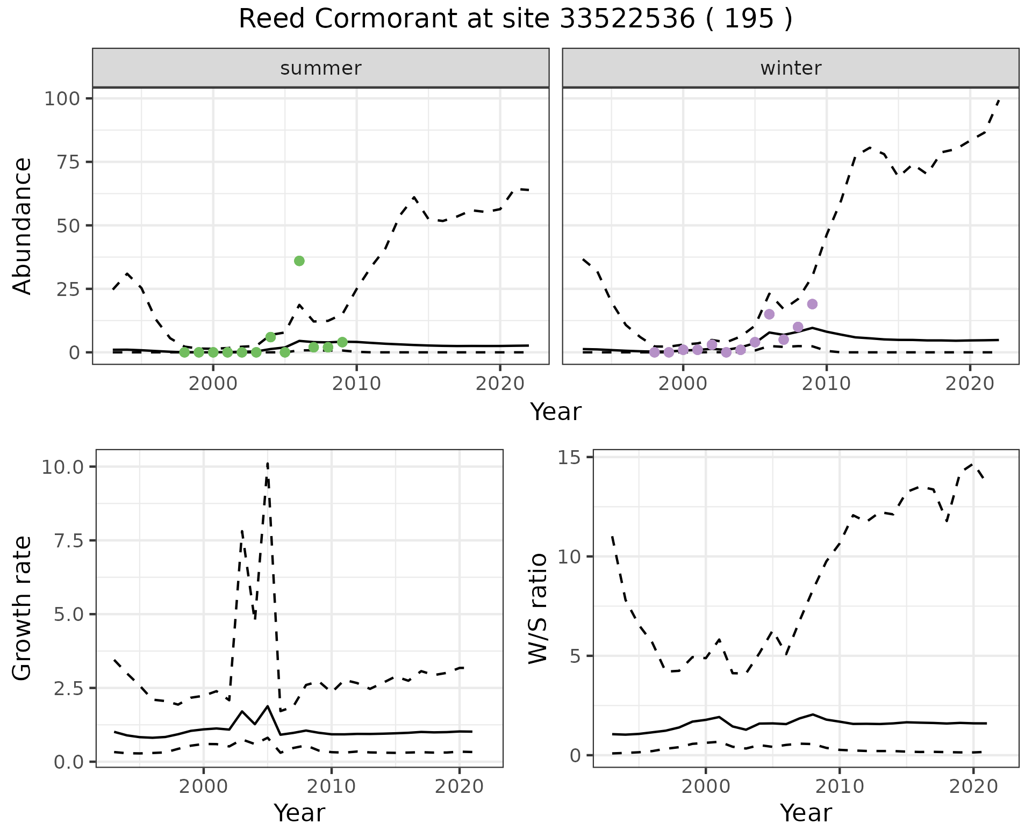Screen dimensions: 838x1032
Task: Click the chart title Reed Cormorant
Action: point(515,19)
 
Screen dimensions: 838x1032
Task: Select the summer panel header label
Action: point(321,68)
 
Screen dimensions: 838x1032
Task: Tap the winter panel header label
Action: point(791,68)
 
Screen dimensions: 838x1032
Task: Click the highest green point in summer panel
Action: point(299,261)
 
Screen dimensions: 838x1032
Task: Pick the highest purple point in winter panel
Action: point(812,304)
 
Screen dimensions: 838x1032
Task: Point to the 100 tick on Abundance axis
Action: point(62,99)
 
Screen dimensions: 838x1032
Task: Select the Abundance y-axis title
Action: point(23,226)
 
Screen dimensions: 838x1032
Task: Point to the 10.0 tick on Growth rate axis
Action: point(62,467)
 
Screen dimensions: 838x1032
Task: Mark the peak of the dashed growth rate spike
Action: point(267,463)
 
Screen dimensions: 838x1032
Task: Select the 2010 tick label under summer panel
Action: point(356,384)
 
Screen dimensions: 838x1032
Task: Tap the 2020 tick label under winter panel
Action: point(970,384)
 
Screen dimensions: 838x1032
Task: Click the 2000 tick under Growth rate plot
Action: point(203,786)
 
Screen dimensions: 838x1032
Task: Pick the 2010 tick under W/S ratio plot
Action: point(840,786)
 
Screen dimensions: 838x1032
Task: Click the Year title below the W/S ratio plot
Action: point(806,813)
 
